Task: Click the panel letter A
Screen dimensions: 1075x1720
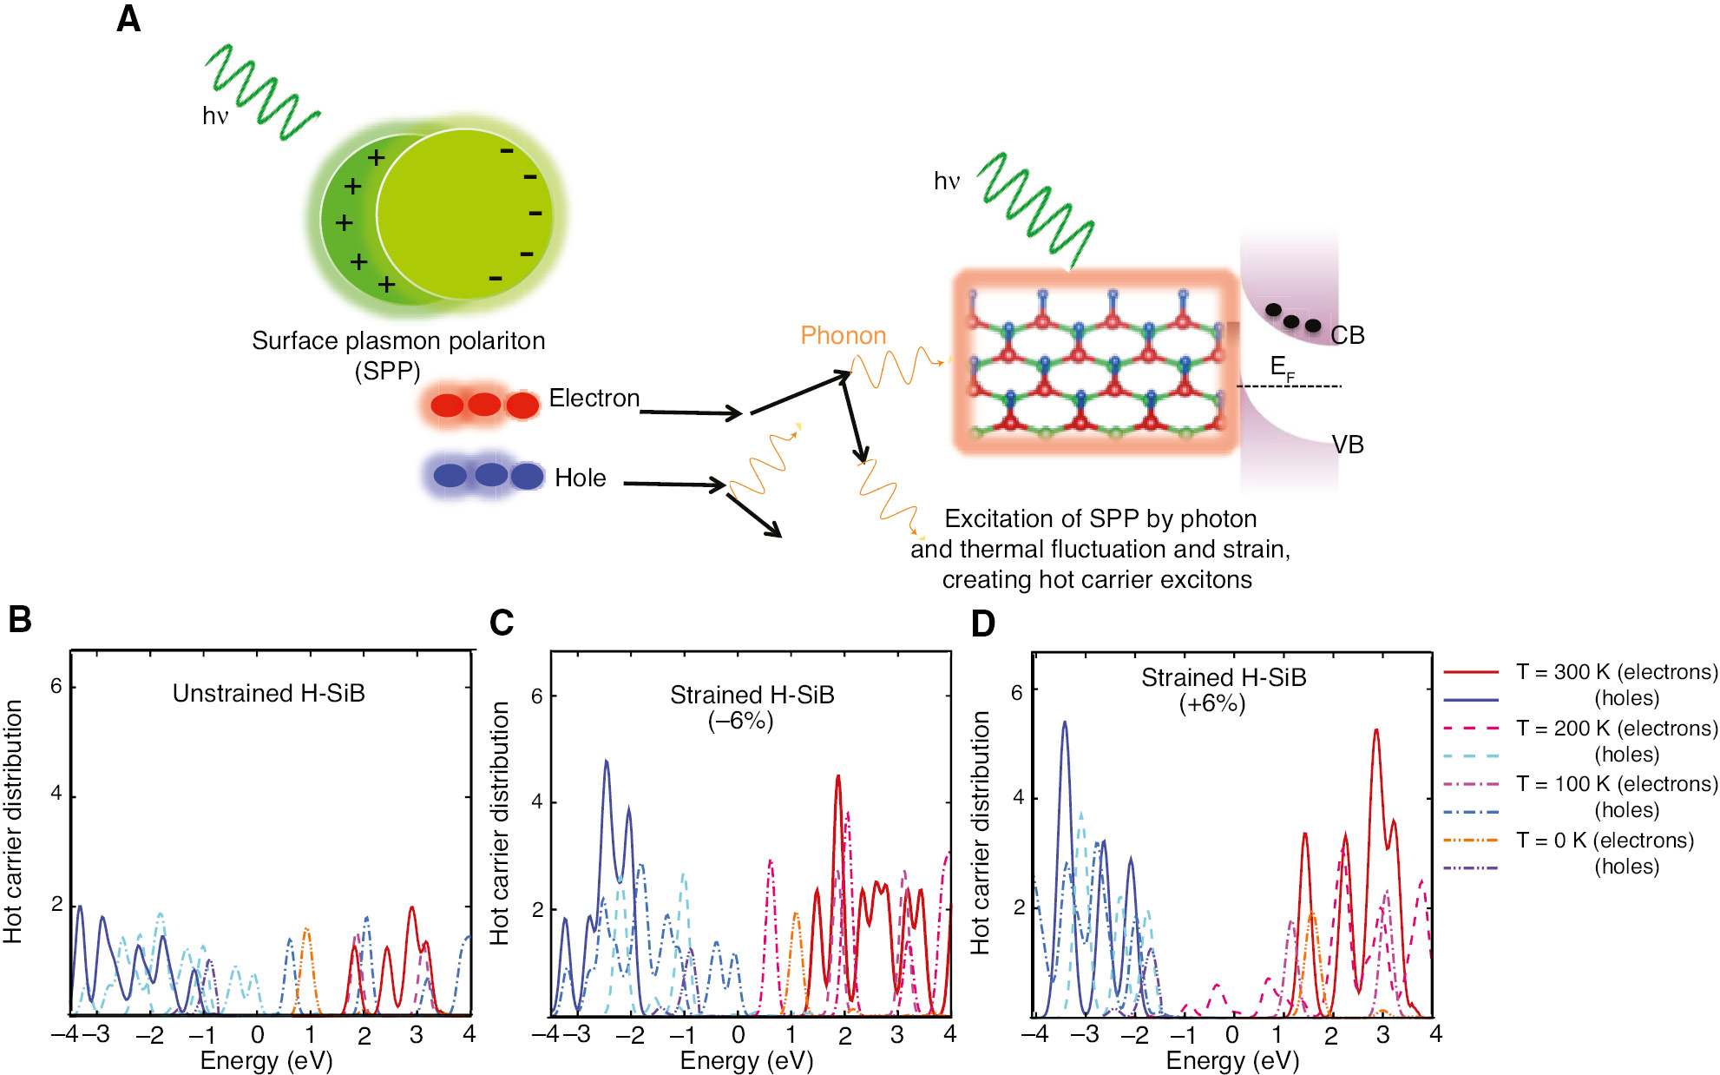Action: point(128,19)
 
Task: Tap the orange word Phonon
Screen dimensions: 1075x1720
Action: point(843,335)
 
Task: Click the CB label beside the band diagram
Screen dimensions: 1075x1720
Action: point(1347,335)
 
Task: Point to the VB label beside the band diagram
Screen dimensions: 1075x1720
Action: point(1348,445)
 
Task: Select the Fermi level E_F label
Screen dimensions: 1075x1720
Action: point(1280,367)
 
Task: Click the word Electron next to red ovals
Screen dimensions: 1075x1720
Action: point(594,398)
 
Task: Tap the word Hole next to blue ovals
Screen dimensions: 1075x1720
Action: point(580,478)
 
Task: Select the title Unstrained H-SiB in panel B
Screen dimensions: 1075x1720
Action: point(268,693)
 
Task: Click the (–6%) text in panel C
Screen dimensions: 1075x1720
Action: point(740,721)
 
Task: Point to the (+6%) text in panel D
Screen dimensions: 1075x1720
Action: point(1211,703)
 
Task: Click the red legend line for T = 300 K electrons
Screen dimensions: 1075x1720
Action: point(1471,672)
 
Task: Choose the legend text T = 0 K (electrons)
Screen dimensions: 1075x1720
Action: point(1605,840)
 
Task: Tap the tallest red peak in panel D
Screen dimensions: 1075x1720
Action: point(1375,731)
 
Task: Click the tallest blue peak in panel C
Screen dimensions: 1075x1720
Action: point(607,762)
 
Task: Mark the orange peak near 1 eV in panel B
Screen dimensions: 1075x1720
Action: point(306,931)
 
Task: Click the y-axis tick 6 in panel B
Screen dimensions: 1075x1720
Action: point(56,686)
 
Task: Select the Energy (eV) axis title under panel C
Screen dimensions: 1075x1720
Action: point(746,1060)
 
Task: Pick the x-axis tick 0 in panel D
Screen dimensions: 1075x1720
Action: point(1231,1034)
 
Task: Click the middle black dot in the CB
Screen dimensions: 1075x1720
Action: point(1291,321)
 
